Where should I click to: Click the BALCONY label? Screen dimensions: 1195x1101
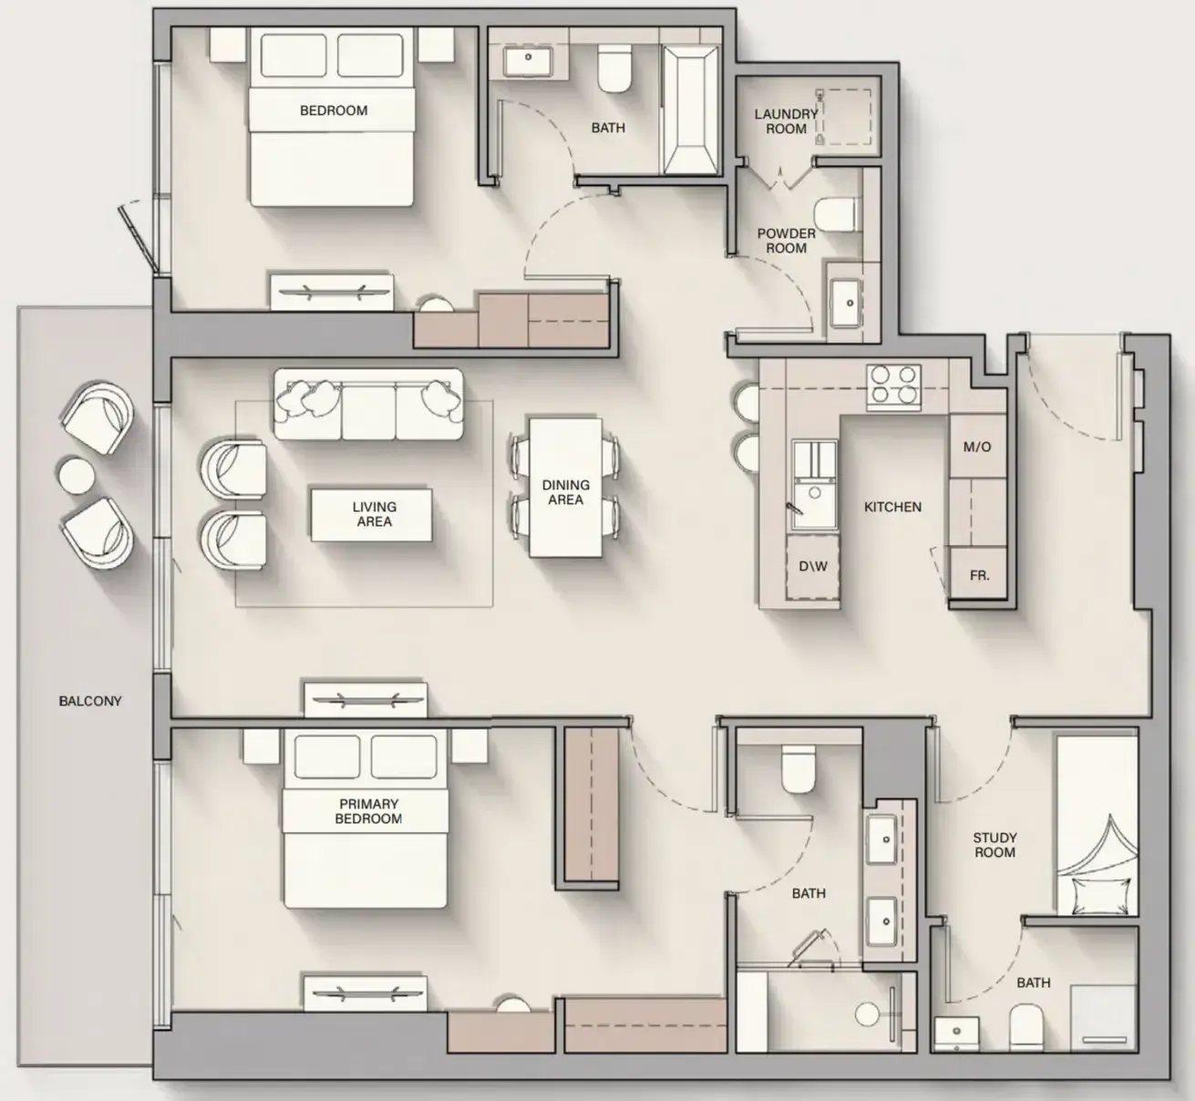click(x=90, y=701)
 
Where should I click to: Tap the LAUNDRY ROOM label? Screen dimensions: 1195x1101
click(x=786, y=121)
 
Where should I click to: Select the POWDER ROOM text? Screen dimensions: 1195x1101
click(x=787, y=241)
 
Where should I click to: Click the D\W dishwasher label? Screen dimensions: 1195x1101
click(x=813, y=566)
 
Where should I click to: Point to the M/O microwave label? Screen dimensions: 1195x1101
click(x=977, y=447)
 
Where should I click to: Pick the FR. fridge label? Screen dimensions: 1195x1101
click(x=979, y=575)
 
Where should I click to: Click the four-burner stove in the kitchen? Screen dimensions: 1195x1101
click(x=893, y=387)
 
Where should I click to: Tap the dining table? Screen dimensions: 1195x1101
click(x=565, y=488)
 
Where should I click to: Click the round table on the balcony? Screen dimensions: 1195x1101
click(x=77, y=475)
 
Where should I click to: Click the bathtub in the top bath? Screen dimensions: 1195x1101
click(x=691, y=110)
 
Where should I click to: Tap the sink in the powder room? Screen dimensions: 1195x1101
click(x=847, y=303)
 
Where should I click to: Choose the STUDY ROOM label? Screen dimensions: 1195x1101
click(x=994, y=845)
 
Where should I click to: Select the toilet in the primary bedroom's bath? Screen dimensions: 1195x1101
click(x=798, y=770)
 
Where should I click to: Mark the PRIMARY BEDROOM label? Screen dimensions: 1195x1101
click(x=368, y=811)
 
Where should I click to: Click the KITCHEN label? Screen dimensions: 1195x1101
click(x=892, y=507)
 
